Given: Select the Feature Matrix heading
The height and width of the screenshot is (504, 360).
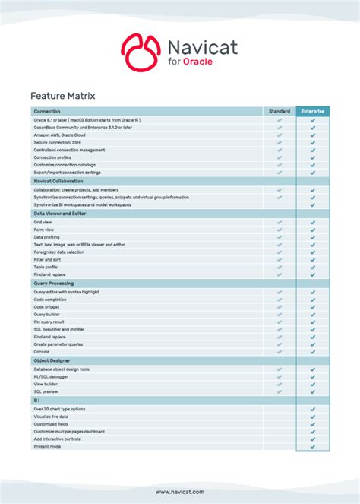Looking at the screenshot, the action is [x=62, y=96].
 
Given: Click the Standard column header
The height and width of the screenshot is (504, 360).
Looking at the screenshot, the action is [x=279, y=111].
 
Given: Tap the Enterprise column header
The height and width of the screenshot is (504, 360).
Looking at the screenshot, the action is [x=313, y=111].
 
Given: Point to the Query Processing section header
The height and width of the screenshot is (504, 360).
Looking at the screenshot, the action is [x=53, y=283].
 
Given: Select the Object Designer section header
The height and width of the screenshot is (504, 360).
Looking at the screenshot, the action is [x=52, y=360].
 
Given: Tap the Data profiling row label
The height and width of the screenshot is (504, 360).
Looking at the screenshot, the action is [x=47, y=237].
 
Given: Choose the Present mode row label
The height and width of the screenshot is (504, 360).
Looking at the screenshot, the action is [x=46, y=446].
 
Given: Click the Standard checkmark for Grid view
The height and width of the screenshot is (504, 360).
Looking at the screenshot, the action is [x=279, y=222].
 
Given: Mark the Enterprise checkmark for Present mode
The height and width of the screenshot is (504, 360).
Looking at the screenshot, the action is [x=313, y=446].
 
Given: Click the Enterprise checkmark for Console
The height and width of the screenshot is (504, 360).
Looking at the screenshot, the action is [x=313, y=352].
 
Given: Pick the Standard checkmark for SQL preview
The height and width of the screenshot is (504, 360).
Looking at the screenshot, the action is [x=279, y=391].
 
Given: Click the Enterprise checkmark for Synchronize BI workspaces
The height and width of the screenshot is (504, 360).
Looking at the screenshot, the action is [x=313, y=205].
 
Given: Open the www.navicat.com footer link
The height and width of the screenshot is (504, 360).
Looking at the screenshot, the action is [x=179, y=492].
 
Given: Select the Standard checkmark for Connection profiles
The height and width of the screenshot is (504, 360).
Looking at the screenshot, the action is [x=279, y=157].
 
